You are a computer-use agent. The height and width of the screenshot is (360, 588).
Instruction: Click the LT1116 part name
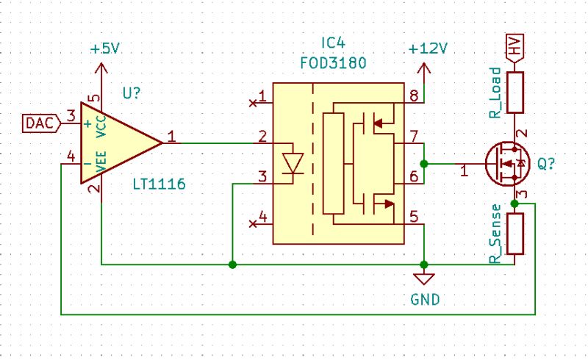click(159, 181)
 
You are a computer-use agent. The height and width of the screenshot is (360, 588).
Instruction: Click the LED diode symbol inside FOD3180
click(293, 160)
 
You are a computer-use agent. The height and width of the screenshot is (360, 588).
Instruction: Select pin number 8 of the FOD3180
click(414, 96)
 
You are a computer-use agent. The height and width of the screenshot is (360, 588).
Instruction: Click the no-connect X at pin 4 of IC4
click(253, 223)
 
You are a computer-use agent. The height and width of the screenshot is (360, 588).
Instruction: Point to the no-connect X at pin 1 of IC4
click(253, 103)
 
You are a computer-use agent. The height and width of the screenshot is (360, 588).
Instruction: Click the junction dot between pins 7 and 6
click(424, 163)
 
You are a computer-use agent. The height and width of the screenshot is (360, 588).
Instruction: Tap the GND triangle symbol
click(424, 279)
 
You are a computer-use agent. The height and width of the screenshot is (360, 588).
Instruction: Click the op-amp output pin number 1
click(171, 135)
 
